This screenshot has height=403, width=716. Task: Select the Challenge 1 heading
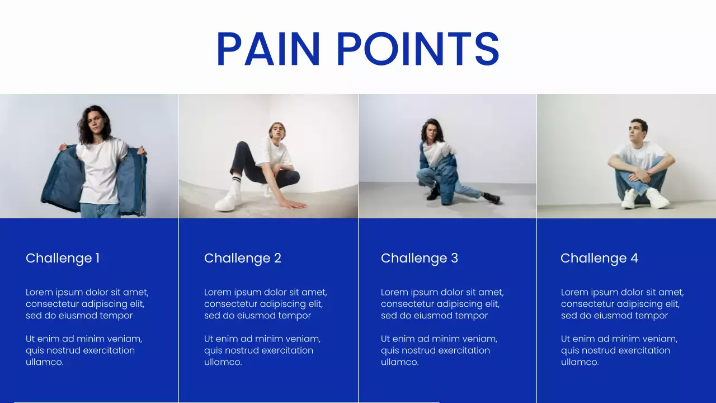(x=63, y=258)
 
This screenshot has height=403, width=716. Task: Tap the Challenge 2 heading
(x=242, y=258)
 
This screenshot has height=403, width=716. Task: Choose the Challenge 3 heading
(x=419, y=258)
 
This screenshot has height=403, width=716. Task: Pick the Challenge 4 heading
(x=599, y=258)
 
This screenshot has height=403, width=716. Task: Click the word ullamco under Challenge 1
(x=44, y=362)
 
